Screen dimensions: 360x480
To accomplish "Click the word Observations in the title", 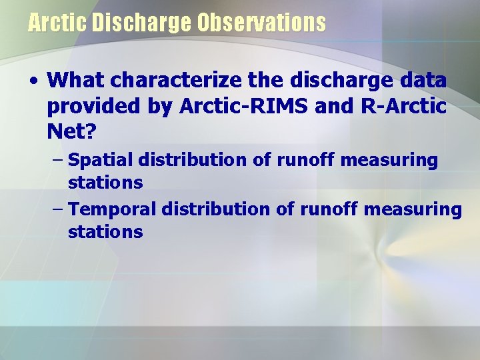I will pyautogui.click(x=261, y=23).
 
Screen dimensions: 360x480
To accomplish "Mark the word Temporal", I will pyautogui.click(x=112, y=209).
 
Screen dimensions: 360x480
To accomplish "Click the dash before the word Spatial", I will pyautogui.click(x=57, y=160).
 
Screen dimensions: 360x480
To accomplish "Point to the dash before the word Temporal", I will pyautogui.click(x=57, y=209).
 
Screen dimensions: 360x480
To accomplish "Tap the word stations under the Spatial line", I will pyautogui.click(x=105, y=183).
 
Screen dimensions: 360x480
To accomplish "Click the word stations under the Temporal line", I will pyautogui.click(x=105, y=232).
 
